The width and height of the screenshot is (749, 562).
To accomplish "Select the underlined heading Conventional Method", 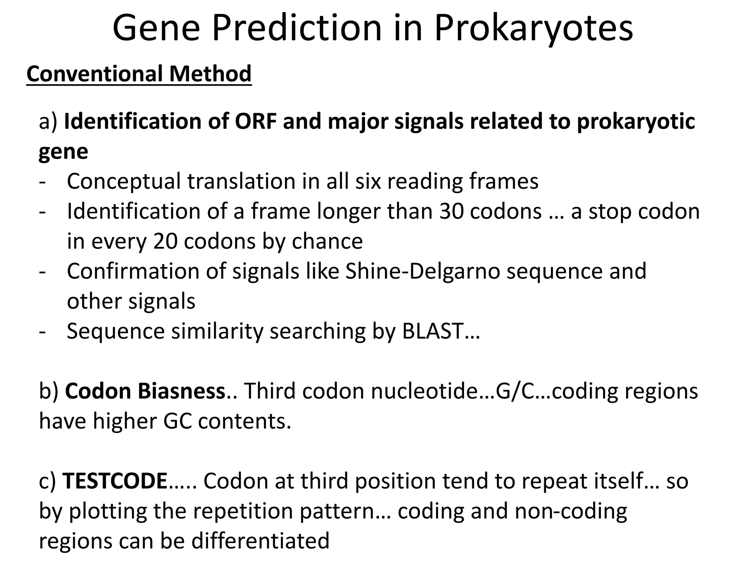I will pos(139,74).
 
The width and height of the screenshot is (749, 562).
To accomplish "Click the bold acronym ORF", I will pos(255,121).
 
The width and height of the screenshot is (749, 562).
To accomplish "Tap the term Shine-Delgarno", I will pos(422,271).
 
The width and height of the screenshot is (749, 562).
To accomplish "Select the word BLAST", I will pos(433,331).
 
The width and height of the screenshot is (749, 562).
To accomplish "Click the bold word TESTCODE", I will pos(115,481).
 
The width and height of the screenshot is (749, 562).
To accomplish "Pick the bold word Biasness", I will pos(181,391).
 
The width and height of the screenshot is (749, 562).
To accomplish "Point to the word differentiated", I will pos(260,541).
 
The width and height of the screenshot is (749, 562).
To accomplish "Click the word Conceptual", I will pos(124,181).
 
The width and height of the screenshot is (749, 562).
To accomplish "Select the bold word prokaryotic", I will pos(636,121).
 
